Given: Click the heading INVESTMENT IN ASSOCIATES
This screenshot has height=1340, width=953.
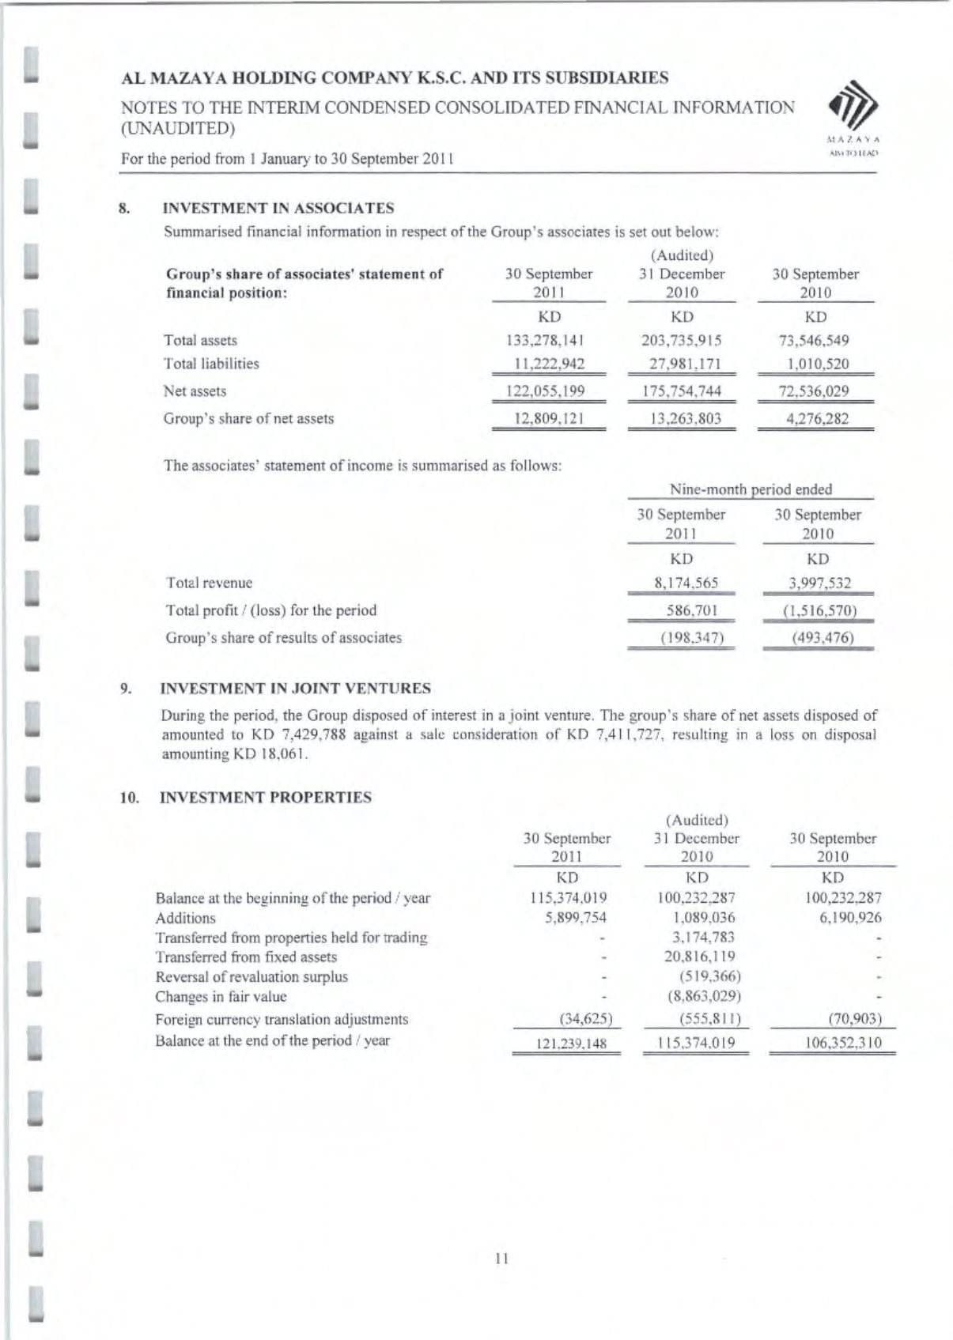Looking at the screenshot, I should coord(278,209).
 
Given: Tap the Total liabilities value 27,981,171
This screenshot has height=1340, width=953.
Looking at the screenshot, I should coord(681,364).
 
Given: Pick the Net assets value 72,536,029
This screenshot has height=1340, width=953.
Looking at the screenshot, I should coord(815,391).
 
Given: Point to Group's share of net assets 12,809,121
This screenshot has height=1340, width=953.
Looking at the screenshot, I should coord(548,419).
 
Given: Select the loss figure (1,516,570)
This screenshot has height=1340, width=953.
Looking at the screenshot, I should coord(818,610).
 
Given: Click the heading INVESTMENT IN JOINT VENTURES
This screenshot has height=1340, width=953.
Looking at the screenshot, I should coord(296,689).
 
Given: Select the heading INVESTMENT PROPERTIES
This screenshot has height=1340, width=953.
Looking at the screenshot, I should coord(266,798).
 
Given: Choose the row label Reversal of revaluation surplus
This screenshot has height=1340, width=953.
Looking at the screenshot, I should coord(251,977).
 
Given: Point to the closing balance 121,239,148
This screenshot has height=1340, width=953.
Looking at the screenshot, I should coord(567,1044).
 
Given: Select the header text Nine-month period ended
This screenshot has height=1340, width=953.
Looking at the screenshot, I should coord(751,489).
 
